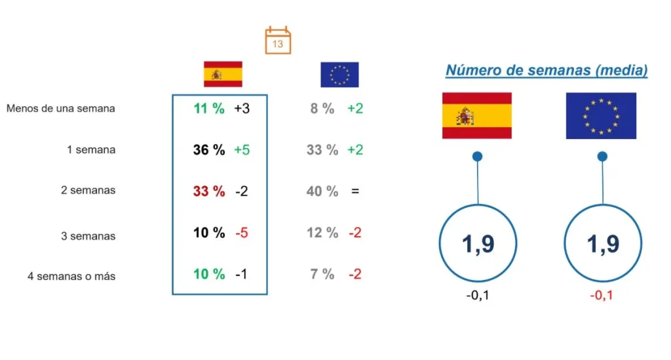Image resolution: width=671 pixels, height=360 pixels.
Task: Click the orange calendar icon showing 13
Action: tap(278, 41)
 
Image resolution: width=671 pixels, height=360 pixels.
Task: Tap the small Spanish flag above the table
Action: tap(223, 74)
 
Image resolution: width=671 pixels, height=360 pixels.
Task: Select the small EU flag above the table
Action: tap(339, 75)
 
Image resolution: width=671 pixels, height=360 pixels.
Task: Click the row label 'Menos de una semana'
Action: tap(61, 108)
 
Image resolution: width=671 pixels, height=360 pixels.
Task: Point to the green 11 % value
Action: tap(209, 108)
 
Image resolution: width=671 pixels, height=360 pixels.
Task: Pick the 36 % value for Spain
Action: tap(209, 150)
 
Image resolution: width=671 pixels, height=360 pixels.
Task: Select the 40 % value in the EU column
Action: tap(322, 191)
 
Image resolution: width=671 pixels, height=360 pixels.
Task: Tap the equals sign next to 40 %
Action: tap(355, 191)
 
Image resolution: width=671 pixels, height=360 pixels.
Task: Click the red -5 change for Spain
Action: tap(241, 233)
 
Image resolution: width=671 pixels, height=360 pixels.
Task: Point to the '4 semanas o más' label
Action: tap(71, 276)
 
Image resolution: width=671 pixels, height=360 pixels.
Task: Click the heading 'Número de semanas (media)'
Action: tap(546, 70)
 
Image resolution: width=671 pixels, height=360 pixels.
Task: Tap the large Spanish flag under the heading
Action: tap(477, 115)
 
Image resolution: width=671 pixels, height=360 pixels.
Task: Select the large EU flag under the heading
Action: tap(601, 115)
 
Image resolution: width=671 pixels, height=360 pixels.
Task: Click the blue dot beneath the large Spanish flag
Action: tap(478, 156)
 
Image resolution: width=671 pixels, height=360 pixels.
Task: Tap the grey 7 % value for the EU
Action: tap(322, 274)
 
